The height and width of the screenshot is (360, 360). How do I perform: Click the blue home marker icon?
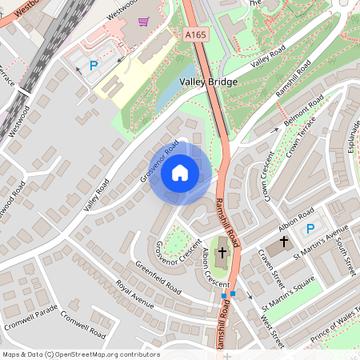pyautogui.click(x=180, y=172)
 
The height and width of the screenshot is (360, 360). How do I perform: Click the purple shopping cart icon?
pyautogui.click(x=143, y=22)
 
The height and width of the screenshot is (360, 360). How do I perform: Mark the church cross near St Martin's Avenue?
pyautogui.click(x=283, y=242)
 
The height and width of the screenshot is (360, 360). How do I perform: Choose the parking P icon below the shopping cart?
pyautogui.click(x=94, y=66)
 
